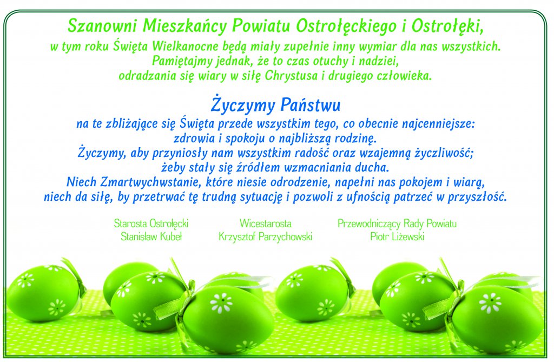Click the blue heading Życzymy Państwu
(x=275, y=105)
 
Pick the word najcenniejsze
(x=438, y=124)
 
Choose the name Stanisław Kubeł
(x=151, y=236)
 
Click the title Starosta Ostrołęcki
(x=151, y=223)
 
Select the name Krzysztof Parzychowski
(x=265, y=236)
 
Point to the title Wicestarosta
(x=265, y=223)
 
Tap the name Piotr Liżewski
(x=397, y=236)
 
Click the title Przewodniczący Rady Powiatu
(x=397, y=223)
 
